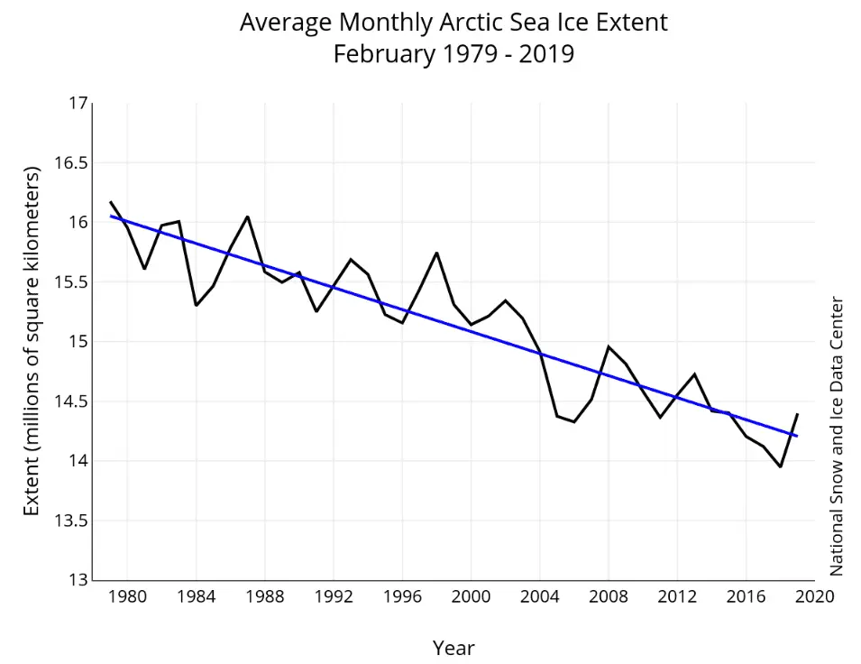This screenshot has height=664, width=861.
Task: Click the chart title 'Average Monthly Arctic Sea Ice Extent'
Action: [453, 23]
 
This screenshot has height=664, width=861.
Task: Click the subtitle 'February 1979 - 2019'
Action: [453, 54]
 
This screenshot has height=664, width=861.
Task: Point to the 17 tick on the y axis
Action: [78, 104]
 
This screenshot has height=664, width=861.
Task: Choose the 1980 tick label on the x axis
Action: [127, 596]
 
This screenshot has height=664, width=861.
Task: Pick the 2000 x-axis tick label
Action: [471, 596]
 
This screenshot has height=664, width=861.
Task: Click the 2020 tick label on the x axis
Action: [814, 596]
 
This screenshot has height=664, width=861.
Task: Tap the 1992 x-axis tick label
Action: [334, 596]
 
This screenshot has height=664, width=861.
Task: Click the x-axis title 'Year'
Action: [453, 648]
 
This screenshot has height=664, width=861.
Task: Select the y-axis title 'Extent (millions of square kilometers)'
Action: [32, 341]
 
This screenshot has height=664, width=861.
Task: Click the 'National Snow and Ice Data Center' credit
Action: [837, 436]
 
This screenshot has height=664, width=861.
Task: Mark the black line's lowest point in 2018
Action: [780, 466]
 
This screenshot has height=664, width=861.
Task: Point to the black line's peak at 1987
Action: [247, 217]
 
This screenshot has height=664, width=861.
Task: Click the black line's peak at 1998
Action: [436, 253]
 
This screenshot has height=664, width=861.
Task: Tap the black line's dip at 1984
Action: [196, 305]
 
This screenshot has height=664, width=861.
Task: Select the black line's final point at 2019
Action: [797, 414]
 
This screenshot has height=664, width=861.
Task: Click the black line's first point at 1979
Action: [110, 202]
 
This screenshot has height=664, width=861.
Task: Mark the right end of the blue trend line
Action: [797, 436]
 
